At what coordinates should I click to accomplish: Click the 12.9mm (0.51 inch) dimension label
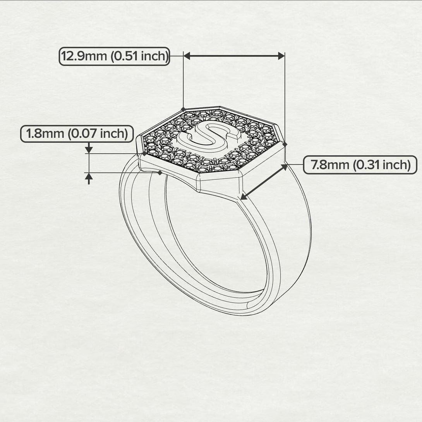pyautogui.click(x=115, y=56)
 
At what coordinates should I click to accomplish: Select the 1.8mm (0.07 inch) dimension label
pyautogui.click(x=77, y=134)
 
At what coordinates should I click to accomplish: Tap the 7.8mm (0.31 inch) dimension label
pyautogui.click(x=360, y=165)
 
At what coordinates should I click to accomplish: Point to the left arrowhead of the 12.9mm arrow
pyautogui.click(x=187, y=56)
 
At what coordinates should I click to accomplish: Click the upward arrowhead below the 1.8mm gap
pyautogui.click(x=89, y=177)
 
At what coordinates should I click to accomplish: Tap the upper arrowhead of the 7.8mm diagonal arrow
pyautogui.click(x=285, y=167)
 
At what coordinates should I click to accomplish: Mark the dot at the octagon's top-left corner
pyautogui.click(x=183, y=109)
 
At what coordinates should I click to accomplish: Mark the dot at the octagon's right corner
pyautogui.click(x=285, y=144)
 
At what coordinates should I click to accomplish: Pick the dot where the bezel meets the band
pyautogui.click(x=160, y=173)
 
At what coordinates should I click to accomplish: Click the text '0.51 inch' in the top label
pyautogui.click(x=139, y=56)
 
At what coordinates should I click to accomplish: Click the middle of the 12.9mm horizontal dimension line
pyautogui.click(x=234, y=56)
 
